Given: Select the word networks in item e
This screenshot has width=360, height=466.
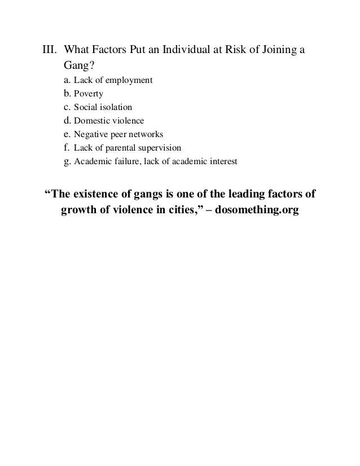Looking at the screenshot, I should (146, 135).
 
